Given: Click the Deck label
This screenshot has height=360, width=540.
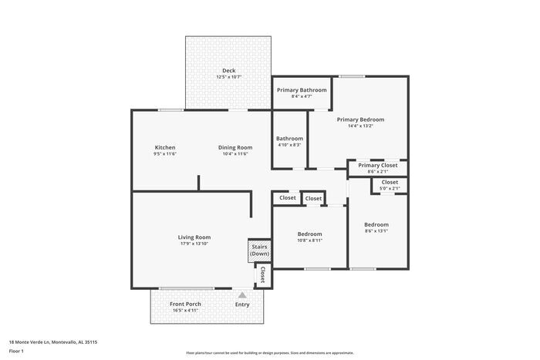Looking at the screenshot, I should (228, 70).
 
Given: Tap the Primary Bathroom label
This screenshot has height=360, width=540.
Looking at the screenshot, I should (302, 89).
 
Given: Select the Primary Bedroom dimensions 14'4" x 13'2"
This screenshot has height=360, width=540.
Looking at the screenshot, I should (360, 126).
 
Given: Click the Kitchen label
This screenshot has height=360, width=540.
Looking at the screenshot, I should (165, 147).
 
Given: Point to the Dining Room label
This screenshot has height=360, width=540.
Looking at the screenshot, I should (235, 147).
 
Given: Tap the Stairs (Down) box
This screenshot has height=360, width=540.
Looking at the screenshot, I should (259, 251).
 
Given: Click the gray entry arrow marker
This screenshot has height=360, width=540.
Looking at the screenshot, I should (242, 294).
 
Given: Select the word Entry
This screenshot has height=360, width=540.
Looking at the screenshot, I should (242, 304).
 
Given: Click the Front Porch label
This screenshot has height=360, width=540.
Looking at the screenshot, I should (185, 304).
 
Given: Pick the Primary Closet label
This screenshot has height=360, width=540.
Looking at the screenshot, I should (378, 165).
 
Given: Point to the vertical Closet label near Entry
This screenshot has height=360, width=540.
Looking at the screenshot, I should (262, 275).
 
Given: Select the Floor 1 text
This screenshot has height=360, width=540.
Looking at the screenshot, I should (16, 352).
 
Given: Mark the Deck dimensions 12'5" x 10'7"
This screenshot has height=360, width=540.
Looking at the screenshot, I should (228, 76).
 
